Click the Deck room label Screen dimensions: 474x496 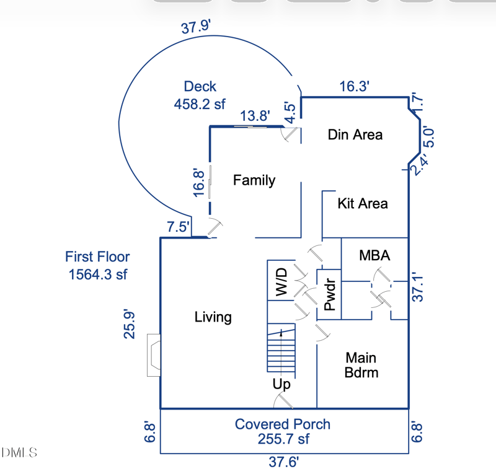tap(200, 87)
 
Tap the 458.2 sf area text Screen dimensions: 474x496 tap(200, 103)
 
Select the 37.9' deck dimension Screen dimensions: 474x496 tap(197, 28)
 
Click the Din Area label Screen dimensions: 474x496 tap(355, 134)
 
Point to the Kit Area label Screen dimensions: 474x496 tap(363, 203)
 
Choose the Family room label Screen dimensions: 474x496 tap(254, 180)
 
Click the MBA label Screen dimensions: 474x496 tap(374, 255)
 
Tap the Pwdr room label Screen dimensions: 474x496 tap(329, 295)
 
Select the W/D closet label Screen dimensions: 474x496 tap(281, 282)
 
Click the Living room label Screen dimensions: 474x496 tap(213, 317)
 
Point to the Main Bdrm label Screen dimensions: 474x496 tap(361, 365)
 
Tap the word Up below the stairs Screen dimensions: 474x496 tap(281, 385)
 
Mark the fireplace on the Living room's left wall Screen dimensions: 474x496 tap(153, 355)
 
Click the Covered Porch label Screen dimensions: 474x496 tap(283, 424)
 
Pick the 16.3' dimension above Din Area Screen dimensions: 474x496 tap(355, 87)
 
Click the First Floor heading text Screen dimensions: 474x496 tap(97, 257)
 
